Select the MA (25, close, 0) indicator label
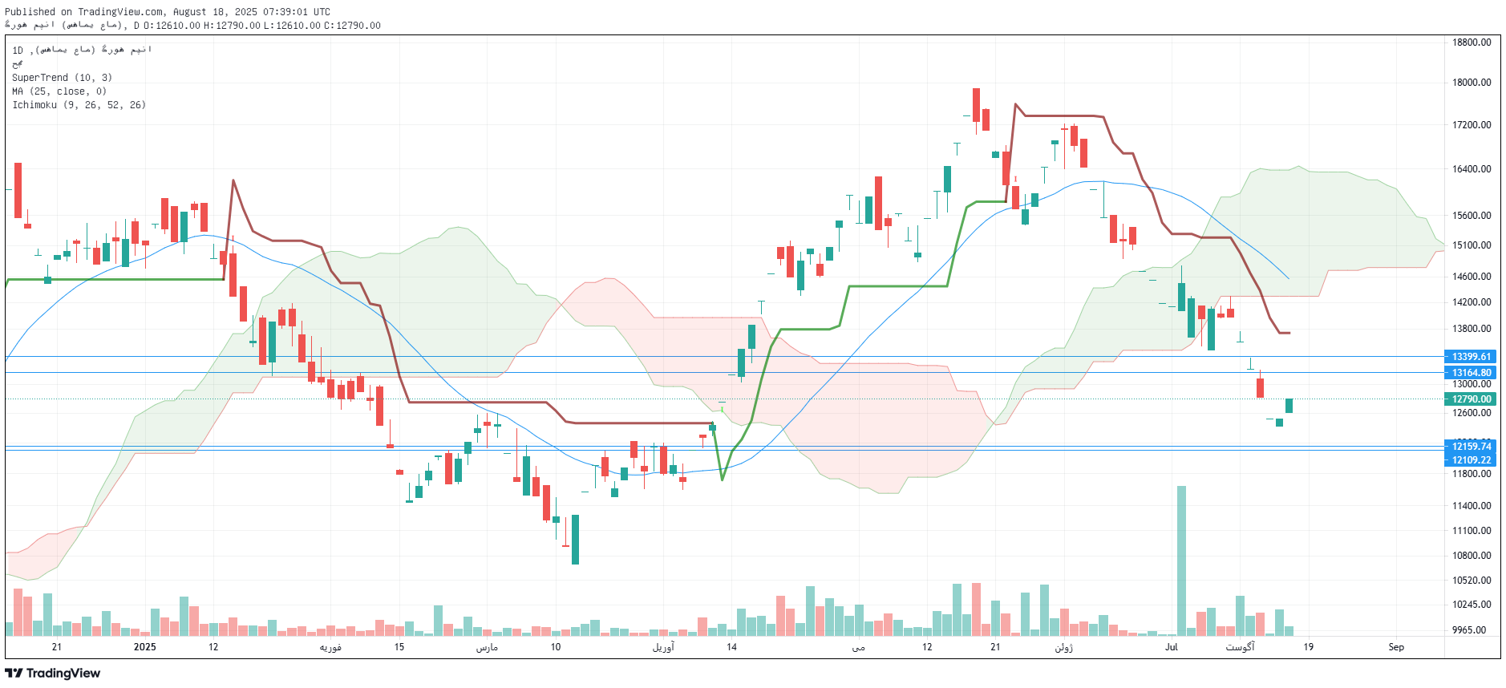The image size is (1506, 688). click(x=59, y=91)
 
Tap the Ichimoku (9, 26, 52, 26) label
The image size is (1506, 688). click(x=79, y=105)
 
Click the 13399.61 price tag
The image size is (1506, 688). click(x=1471, y=357)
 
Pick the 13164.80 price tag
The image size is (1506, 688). click(x=1471, y=373)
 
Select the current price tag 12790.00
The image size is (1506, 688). click(x=1471, y=399)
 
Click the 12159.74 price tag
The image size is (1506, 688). click(x=1471, y=447)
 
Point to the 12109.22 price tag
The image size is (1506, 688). click(x=1471, y=460)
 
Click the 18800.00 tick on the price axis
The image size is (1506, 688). click(x=1471, y=42)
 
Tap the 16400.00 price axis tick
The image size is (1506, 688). click(x=1471, y=169)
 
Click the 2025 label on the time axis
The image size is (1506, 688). click(x=144, y=647)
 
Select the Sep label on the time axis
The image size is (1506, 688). click(x=1396, y=647)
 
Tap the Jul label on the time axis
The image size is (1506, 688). click(x=1172, y=647)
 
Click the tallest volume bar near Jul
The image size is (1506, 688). click(x=1181, y=561)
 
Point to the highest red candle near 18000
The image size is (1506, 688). click(x=976, y=105)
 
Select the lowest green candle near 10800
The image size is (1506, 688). click(x=575, y=539)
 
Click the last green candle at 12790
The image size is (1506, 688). click(x=1289, y=406)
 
